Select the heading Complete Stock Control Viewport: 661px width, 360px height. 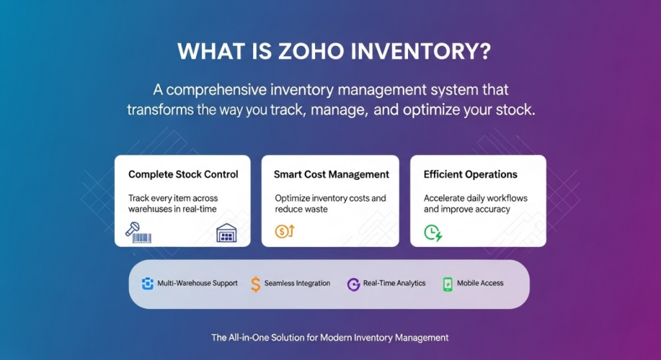coord(183,175)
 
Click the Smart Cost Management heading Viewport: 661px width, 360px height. coord(331,175)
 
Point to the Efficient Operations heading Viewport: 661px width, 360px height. coord(471,175)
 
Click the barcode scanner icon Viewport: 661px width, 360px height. coord(138,233)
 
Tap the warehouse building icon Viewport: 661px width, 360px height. coord(227,233)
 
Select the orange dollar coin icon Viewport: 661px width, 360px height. coord(285,232)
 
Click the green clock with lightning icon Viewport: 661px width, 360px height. coord(433,233)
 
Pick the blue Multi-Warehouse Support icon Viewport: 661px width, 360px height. coord(148,284)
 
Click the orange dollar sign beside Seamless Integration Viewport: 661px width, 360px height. coord(256,284)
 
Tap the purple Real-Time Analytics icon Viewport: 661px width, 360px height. coord(353,285)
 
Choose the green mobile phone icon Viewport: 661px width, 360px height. coord(448,285)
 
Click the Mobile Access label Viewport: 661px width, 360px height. coord(480,283)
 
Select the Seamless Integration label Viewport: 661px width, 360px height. coord(297,283)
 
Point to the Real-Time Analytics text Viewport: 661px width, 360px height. coord(394,283)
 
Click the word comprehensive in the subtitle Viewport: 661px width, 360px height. coord(216,90)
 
